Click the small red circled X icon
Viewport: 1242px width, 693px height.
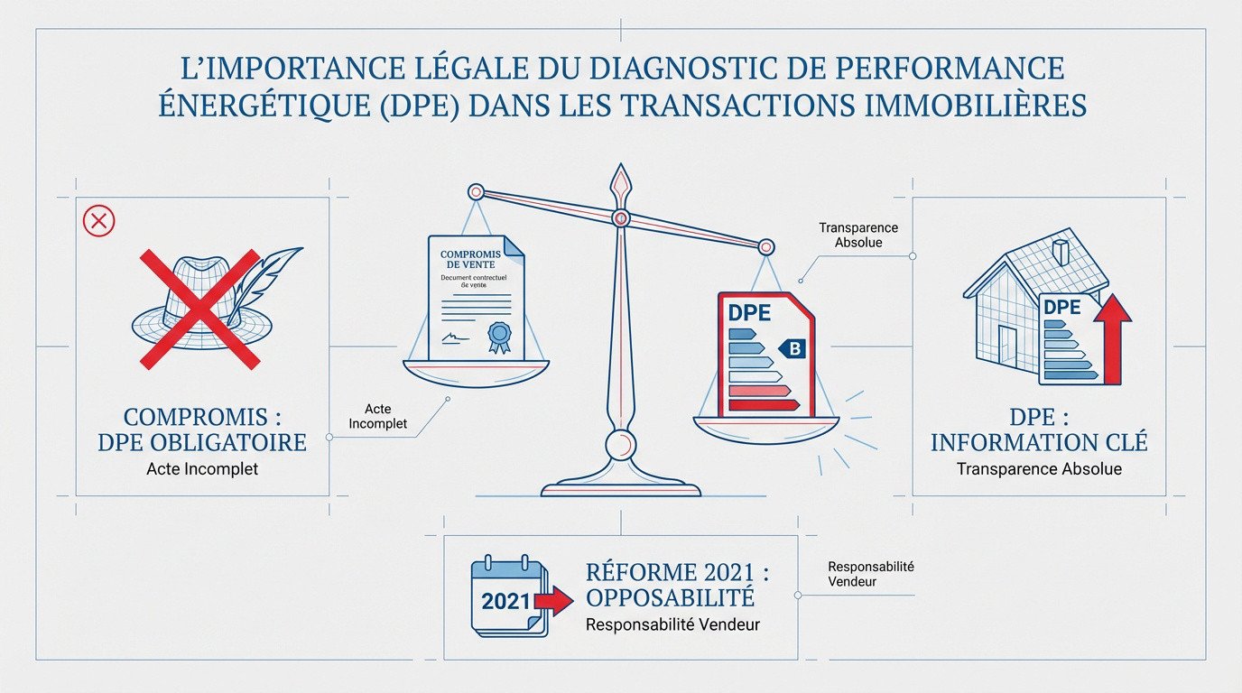click(98, 220)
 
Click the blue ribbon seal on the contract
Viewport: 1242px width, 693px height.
click(498, 337)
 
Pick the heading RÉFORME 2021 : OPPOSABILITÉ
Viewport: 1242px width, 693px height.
click(670, 585)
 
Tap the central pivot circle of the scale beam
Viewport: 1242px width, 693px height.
click(620, 217)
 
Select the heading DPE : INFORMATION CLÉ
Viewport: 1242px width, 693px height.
click(1039, 430)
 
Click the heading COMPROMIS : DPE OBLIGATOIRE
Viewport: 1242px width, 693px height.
click(201, 430)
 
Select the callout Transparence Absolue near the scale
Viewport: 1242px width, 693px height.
click(858, 235)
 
